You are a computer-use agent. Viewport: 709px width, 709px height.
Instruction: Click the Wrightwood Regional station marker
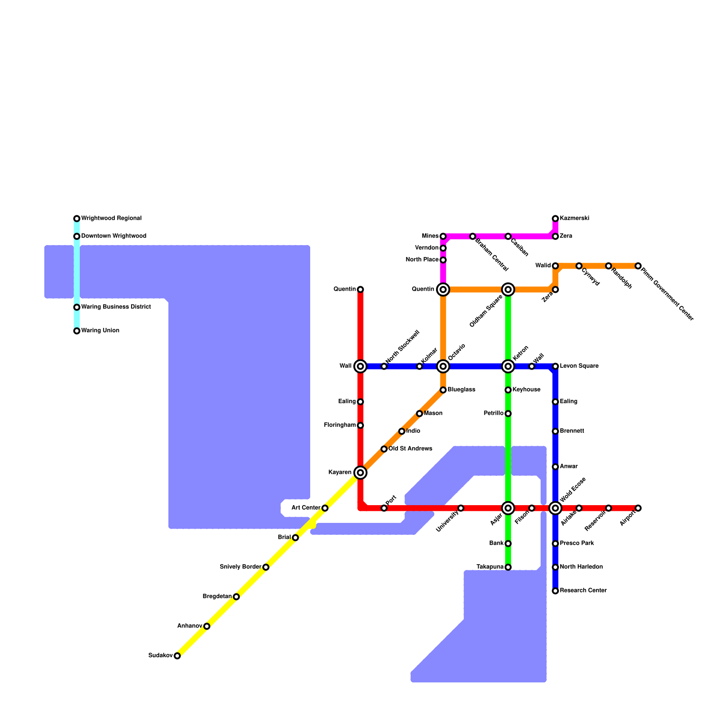click(77, 218)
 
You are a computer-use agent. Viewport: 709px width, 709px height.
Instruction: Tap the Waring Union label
click(100, 331)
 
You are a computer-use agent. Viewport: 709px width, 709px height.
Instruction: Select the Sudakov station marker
click(177, 656)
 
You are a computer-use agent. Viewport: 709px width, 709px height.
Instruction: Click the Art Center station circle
click(325, 508)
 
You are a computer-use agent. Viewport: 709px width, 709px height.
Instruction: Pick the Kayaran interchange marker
click(361, 473)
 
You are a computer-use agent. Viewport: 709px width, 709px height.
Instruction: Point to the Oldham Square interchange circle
click(508, 290)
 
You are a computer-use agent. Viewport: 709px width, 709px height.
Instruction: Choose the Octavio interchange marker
click(443, 366)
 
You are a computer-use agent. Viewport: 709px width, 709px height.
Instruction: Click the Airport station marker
click(638, 508)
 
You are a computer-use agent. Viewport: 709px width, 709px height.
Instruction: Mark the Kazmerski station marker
click(555, 218)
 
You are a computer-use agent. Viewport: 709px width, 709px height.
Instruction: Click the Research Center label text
click(583, 591)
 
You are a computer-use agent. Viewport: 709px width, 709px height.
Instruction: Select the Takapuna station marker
click(508, 567)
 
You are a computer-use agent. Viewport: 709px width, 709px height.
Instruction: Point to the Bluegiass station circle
click(443, 390)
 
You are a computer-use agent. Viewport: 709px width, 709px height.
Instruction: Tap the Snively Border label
click(240, 567)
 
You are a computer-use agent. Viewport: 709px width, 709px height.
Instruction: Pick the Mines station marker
click(443, 236)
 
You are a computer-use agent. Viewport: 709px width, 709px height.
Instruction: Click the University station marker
click(461, 508)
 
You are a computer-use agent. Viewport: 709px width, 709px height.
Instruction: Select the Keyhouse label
click(526, 390)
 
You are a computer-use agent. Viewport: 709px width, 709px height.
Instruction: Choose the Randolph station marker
click(608, 266)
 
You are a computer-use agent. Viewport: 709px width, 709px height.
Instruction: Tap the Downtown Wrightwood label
click(113, 236)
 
